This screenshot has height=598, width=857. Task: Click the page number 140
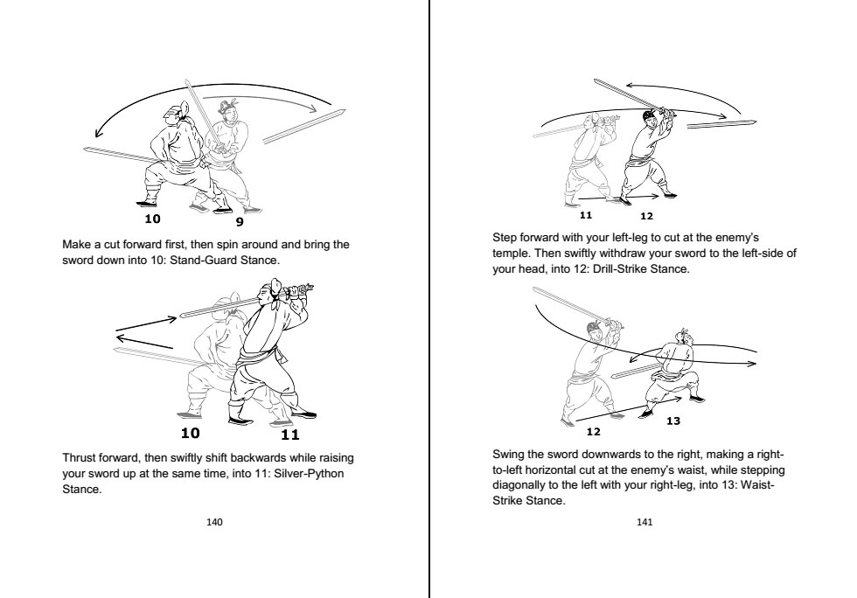pos(213,522)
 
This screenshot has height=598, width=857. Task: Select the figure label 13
pos(672,421)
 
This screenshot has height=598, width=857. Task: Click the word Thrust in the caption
pos(80,458)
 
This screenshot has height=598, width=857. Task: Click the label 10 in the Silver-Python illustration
pos(190,432)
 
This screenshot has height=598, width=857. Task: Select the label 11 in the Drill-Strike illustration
pos(586,214)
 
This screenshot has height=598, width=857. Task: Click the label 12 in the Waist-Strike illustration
pos(593,431)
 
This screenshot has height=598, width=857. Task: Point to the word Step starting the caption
pos(505,237)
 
